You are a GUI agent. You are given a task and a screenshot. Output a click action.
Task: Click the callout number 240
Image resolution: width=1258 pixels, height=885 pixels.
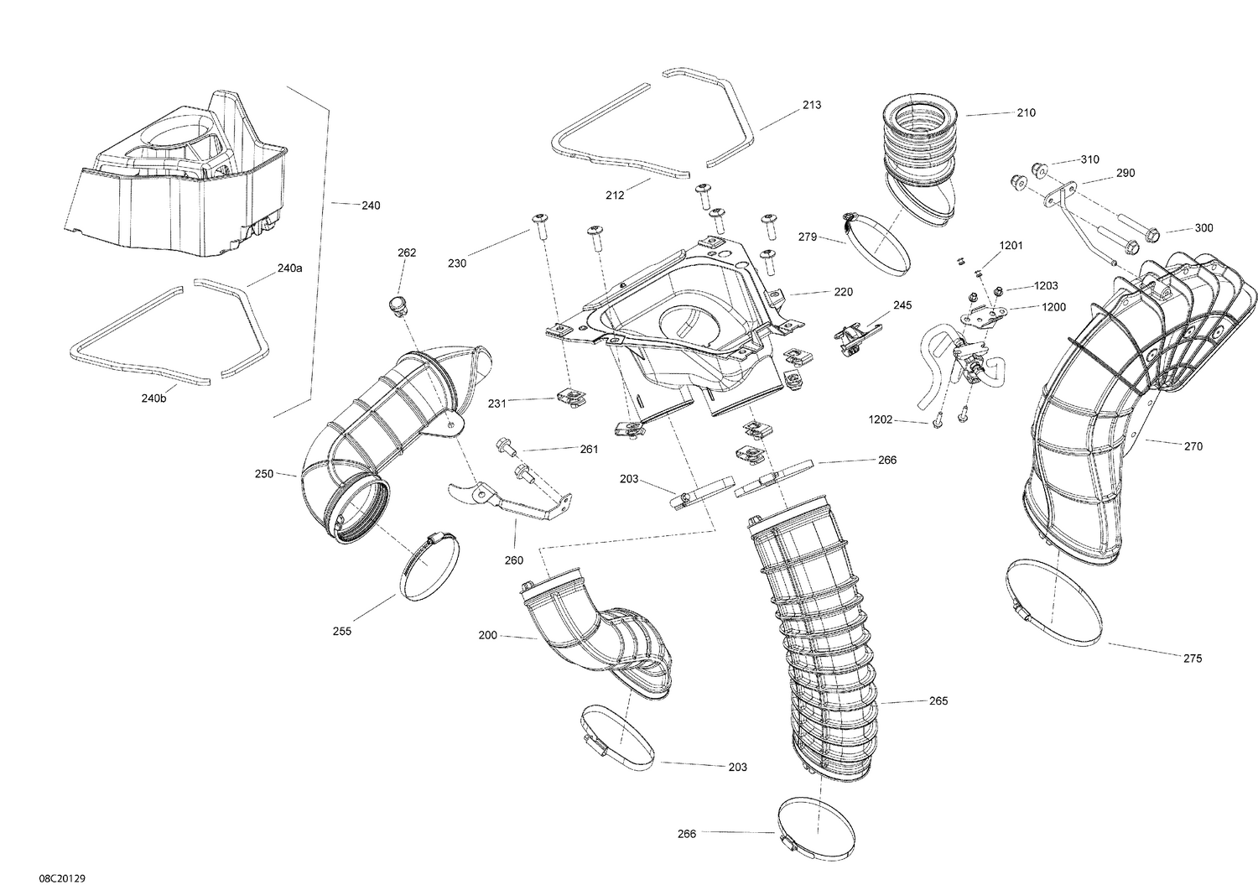[x=370, y=205]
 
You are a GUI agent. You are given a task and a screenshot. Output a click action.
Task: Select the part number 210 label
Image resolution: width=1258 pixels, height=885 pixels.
[x=1026, y=113]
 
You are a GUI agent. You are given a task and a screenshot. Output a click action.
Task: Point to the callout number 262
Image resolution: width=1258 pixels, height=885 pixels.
[x=407, y=252]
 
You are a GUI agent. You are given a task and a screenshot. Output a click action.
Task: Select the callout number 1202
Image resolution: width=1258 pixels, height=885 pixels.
[x=881, y=419]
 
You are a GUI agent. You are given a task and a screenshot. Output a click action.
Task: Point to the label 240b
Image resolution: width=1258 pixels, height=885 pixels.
[x=153, y=398]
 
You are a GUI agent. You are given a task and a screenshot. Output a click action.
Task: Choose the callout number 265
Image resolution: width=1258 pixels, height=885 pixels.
[x=938, y=700]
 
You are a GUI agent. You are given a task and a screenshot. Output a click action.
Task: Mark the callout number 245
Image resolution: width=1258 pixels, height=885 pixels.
[x=902, y=305]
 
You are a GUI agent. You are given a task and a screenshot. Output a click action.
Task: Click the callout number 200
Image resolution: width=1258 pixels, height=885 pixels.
[x=487, y=636]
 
